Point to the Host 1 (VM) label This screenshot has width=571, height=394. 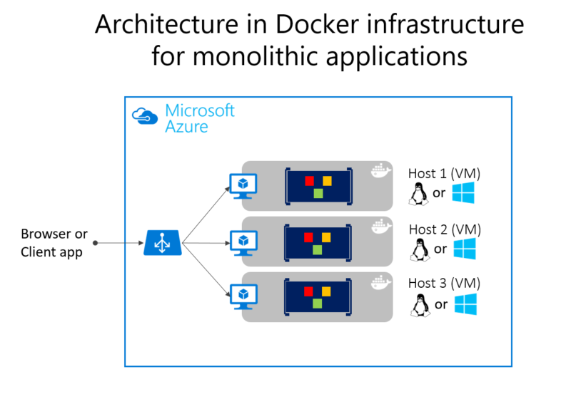pyautogui.click(x=444, y=173)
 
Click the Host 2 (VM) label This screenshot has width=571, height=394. pyautogui.click(x=444, y=229)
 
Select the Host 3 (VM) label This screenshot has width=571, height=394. pyautogui.click(x=444, y=284)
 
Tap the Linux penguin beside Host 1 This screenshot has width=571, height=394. pyautogui.click(x=418, y=193)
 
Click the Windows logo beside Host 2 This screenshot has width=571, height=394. pyautogui.click(x=465, y=249)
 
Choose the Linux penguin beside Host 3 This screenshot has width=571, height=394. pyautogui.click(x=418, y=304)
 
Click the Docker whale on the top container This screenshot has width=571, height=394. pyautogui.click(x=380, y=172)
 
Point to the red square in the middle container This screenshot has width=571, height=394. pyautogui.click(x=309, y=236)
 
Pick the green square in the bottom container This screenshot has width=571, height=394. pyautogui.click(x=318, y=303)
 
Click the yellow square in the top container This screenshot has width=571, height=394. pyautogui.click(x=327, y=180)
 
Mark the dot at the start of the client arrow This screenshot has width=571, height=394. pyautogui.click(x=95, y=243)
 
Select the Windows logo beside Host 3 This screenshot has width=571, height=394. pyautogui.click(x=465, y=304)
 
